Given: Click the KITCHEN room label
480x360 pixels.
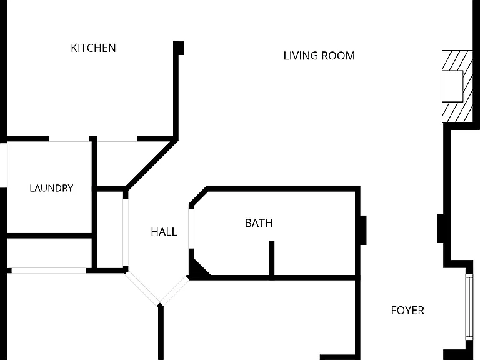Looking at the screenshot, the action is (93, 48).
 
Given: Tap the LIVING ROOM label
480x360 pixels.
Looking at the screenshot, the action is (319, 56).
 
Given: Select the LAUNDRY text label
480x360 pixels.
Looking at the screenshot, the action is (51, 188).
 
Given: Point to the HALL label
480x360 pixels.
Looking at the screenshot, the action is (164, 232).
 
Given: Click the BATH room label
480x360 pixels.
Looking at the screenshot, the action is (259, 223).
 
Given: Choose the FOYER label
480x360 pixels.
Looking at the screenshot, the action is (407, 311).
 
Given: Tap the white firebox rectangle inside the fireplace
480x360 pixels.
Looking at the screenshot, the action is (452, 86).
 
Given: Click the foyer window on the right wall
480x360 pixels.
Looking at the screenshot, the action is (469, 307).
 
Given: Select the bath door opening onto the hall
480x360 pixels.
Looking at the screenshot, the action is (191, 228).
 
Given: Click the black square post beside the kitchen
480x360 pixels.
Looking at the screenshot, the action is (179, 48).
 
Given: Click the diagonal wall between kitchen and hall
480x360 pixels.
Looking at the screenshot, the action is (151, 165).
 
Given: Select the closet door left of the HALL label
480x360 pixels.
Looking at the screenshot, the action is (126, 232).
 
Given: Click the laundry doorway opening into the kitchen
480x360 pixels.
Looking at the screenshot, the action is (69, 139).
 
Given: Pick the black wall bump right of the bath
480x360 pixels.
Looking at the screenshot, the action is (363, 230).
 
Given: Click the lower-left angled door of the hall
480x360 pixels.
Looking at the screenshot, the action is (142, 287).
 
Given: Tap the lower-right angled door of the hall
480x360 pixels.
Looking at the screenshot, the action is (174, 290).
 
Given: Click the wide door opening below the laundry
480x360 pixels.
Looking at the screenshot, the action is (49, 271).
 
